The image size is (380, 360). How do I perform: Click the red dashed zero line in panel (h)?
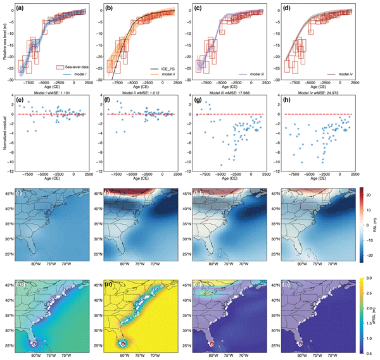tap(316, 115)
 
